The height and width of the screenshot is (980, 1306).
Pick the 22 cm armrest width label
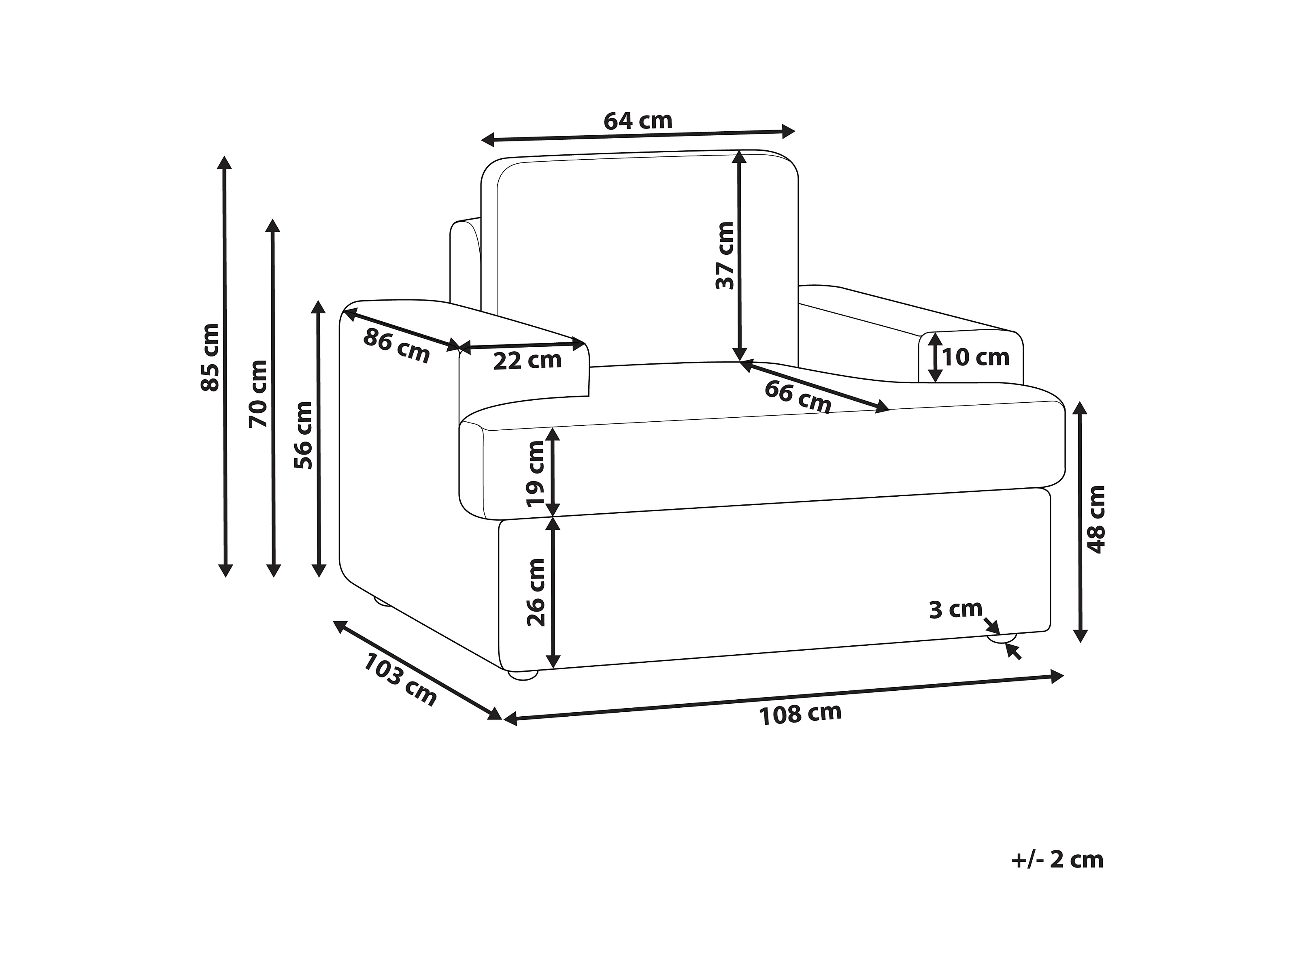click(x=527, y=360)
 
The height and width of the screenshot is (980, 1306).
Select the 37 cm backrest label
click(x=725, y=255)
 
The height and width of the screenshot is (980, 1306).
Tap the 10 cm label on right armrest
click(x=975, y=357)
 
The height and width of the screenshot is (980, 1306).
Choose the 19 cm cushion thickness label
click(x=536, y=473)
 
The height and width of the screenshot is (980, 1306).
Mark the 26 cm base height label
click(x=536, y=592)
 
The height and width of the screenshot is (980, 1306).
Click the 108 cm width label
click(x=800, y=714)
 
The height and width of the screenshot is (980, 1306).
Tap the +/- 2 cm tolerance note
click(x=1057, y=860)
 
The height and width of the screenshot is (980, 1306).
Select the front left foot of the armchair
click(x=523, y=675)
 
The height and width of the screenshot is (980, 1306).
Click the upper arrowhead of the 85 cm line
click(x=224, y=162)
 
